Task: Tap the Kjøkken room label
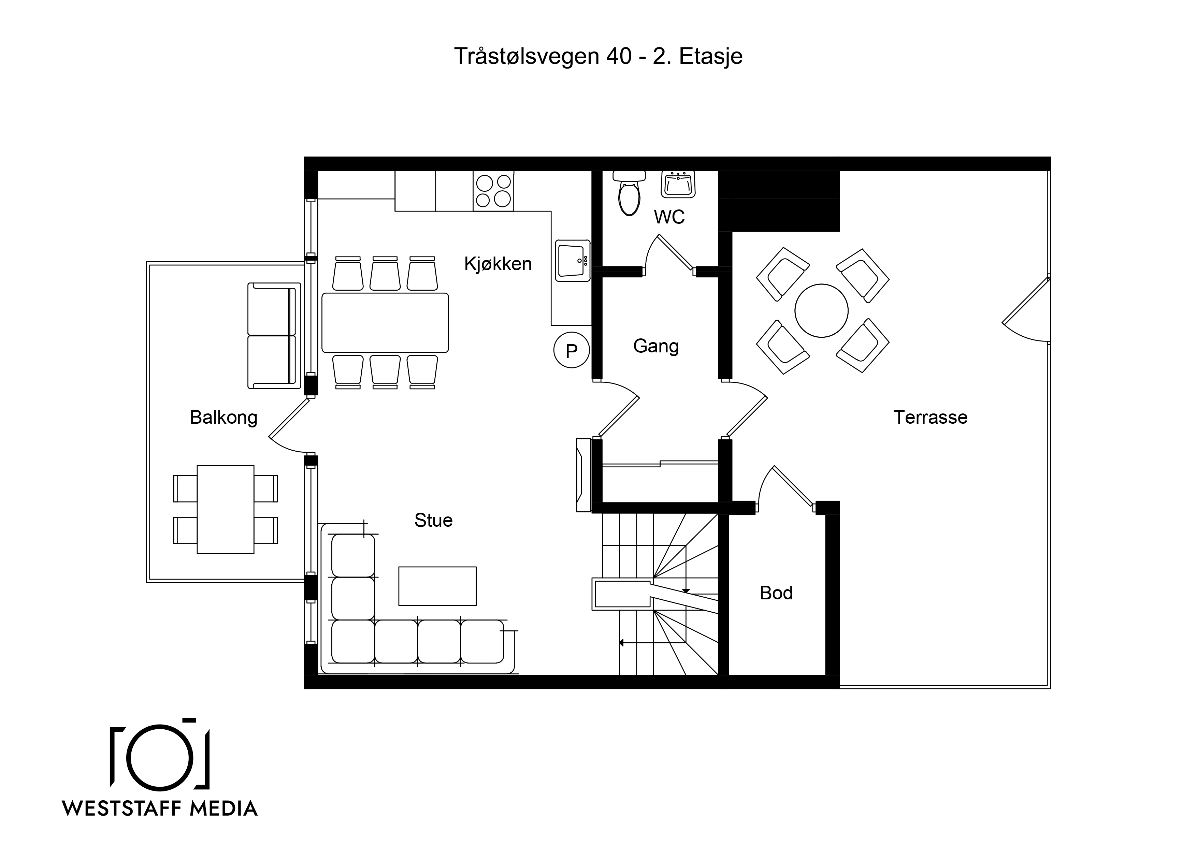pyautogui.click(x=498, y=264)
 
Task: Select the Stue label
pyautogui.click(x=433, y=520)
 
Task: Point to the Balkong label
pyautogui.click(x=223, y=418)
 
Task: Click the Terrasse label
pyautogui.click(x=931, y=418)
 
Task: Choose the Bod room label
pyautogui.click(x=776, y=593)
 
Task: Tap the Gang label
pyautogui.click(x=656, y=347)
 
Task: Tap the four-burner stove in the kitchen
pyautogui.click(x=493, y=191)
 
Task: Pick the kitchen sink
pyautogui.click(x=573, y=261)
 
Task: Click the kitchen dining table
pyautogui.click(x=385, y=323)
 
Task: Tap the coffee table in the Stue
pyautogui.click(x=437, y=586)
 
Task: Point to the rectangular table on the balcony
pyautogui.click(x=226, y=509)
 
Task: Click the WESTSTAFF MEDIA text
pyautogui.click(x=160, y=808)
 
